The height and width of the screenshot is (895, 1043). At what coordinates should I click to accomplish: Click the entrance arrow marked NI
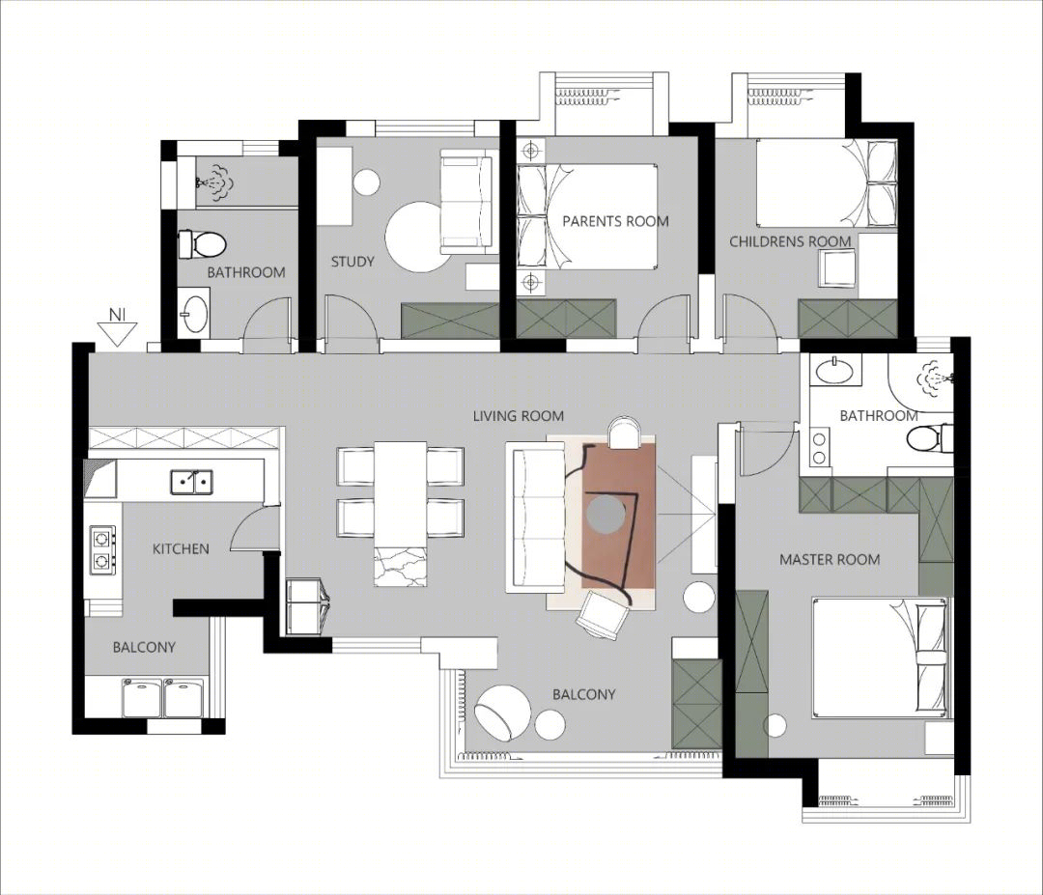pos(117,328)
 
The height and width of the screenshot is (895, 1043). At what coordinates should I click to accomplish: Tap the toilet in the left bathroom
pos(202,244)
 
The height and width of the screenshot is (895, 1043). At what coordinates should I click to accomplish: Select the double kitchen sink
pos(191,482)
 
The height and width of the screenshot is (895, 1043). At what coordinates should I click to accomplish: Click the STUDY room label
pos(352,262)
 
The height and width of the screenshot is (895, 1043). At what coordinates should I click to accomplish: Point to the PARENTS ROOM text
pos(615,221)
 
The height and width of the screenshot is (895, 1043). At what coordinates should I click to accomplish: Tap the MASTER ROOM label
pos(830,560)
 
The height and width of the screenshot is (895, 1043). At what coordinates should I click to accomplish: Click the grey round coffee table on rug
pos(606,514)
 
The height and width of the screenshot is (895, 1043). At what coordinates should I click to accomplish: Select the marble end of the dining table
pos(401,566)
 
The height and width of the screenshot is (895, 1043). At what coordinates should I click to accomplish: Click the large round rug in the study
pos(418,237)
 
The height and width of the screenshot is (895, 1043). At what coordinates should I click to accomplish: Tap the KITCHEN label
pos(181,549)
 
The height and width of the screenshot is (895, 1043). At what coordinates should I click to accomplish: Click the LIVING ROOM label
pos(519,416)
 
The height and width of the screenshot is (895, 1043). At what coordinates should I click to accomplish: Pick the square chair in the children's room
pos(836,268)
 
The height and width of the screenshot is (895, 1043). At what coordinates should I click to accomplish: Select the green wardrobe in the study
pos(450,321)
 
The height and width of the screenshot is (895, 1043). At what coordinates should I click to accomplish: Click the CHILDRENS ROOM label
pos(790,241)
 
